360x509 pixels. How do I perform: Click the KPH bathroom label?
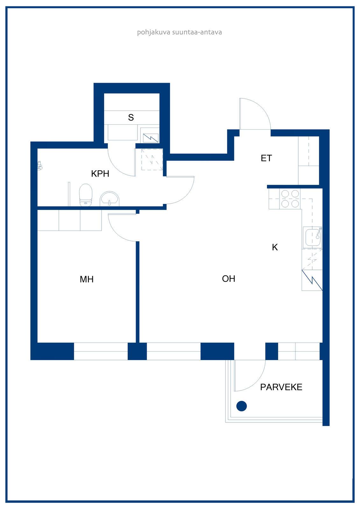(100, 174)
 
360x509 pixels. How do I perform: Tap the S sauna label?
(131, 117)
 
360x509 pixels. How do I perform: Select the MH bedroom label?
(86, 279)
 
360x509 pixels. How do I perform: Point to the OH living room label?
(229, 279)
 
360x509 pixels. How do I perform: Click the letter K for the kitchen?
(275, 247)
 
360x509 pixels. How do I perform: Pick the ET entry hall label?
(266, 158)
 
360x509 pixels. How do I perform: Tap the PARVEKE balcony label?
(281, 387)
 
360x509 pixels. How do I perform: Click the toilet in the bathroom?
(86, 195)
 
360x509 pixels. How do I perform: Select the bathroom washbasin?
(109, 199)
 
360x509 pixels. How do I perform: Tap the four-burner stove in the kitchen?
(290, 199)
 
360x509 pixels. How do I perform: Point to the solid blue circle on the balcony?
(241, 406)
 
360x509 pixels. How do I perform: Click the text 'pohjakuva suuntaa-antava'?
(180, 32)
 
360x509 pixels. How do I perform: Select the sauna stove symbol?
(151, 138)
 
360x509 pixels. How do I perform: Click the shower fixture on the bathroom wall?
(40, 166)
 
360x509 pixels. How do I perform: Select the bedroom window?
(101, 351)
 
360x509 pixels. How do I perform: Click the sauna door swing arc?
(116, 167)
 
